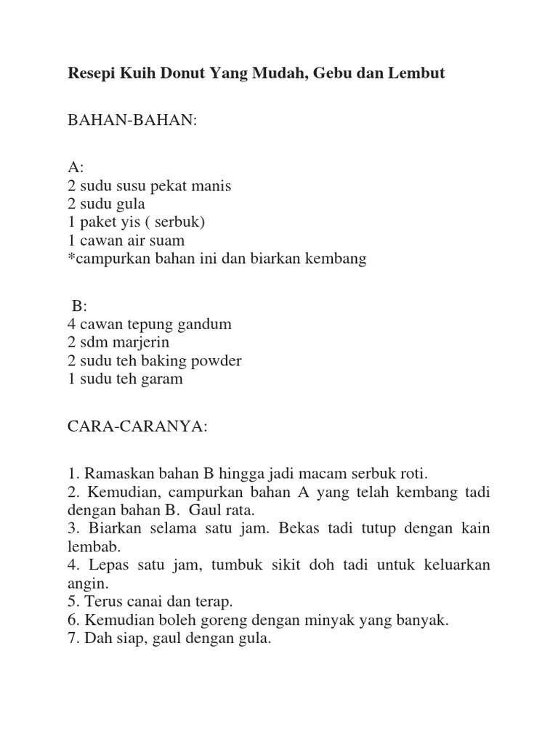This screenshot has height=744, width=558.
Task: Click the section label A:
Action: point(75,167)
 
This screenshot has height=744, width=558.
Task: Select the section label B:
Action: point(79,306)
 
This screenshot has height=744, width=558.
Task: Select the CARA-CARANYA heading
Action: point(137,426)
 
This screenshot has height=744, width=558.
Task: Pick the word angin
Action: point(86,583)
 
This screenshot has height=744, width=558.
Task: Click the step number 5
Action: point(73,602)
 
